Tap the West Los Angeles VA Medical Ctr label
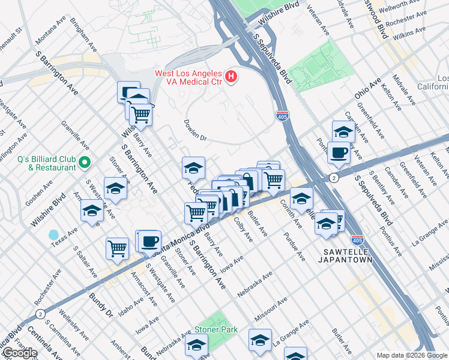[189, 77]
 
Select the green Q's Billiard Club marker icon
[85, 162]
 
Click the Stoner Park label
[215, 329]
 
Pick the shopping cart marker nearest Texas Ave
[117, 248]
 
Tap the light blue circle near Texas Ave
[54, 235]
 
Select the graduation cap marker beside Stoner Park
[196, 345]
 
